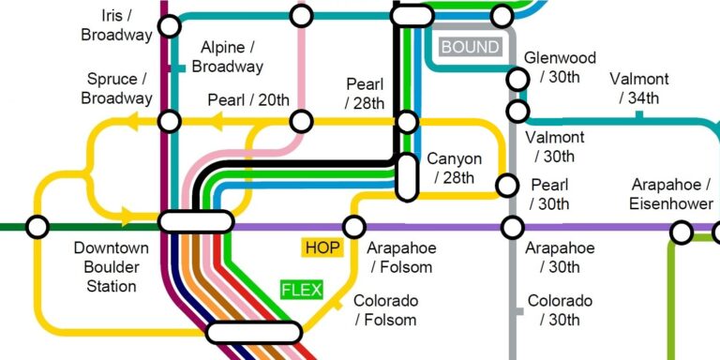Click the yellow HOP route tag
coord(322,247)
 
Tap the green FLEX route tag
coord(302,290)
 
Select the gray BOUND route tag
coord(470,47)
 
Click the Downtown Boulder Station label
coord(112,267)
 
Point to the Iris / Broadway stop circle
coord(169,25)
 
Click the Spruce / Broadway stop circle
coord(169,121)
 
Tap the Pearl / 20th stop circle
coord(301,121)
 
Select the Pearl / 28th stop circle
coord(407,121)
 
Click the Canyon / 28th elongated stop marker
coord(407,176)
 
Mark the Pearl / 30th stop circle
coord(507,186)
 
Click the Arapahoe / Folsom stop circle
coord(354,227)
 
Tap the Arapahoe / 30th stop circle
coord(513,227)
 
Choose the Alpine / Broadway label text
coord(227,57)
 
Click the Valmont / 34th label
coord(638,88)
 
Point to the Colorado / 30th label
coord(560,310)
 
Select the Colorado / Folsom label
coord(385,310)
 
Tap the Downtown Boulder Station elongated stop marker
coord(196,221)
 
